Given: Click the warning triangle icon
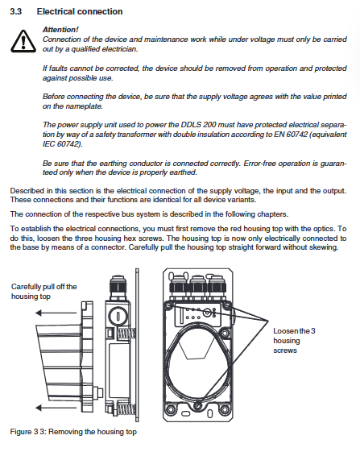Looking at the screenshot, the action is point(23,41).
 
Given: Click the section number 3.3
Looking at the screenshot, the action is point(15,11).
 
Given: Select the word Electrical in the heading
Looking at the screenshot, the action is point(54,11).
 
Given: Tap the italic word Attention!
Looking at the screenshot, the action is point(60,29).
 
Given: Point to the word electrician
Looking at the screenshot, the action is point(120,49).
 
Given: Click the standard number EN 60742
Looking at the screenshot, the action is point(291,135).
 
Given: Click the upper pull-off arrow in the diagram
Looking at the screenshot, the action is point(56,313).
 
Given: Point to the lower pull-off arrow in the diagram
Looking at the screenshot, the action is point(56,408).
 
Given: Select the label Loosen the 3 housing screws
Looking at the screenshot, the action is point(294,341).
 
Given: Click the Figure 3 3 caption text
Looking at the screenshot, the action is point(73,432).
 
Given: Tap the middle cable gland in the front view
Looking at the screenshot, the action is point(198,286).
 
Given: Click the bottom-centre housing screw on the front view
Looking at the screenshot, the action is point(198,405).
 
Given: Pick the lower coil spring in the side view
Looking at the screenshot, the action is point(126,409).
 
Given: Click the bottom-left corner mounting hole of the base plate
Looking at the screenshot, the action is point(170,409).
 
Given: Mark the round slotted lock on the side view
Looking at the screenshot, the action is point(118,316).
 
